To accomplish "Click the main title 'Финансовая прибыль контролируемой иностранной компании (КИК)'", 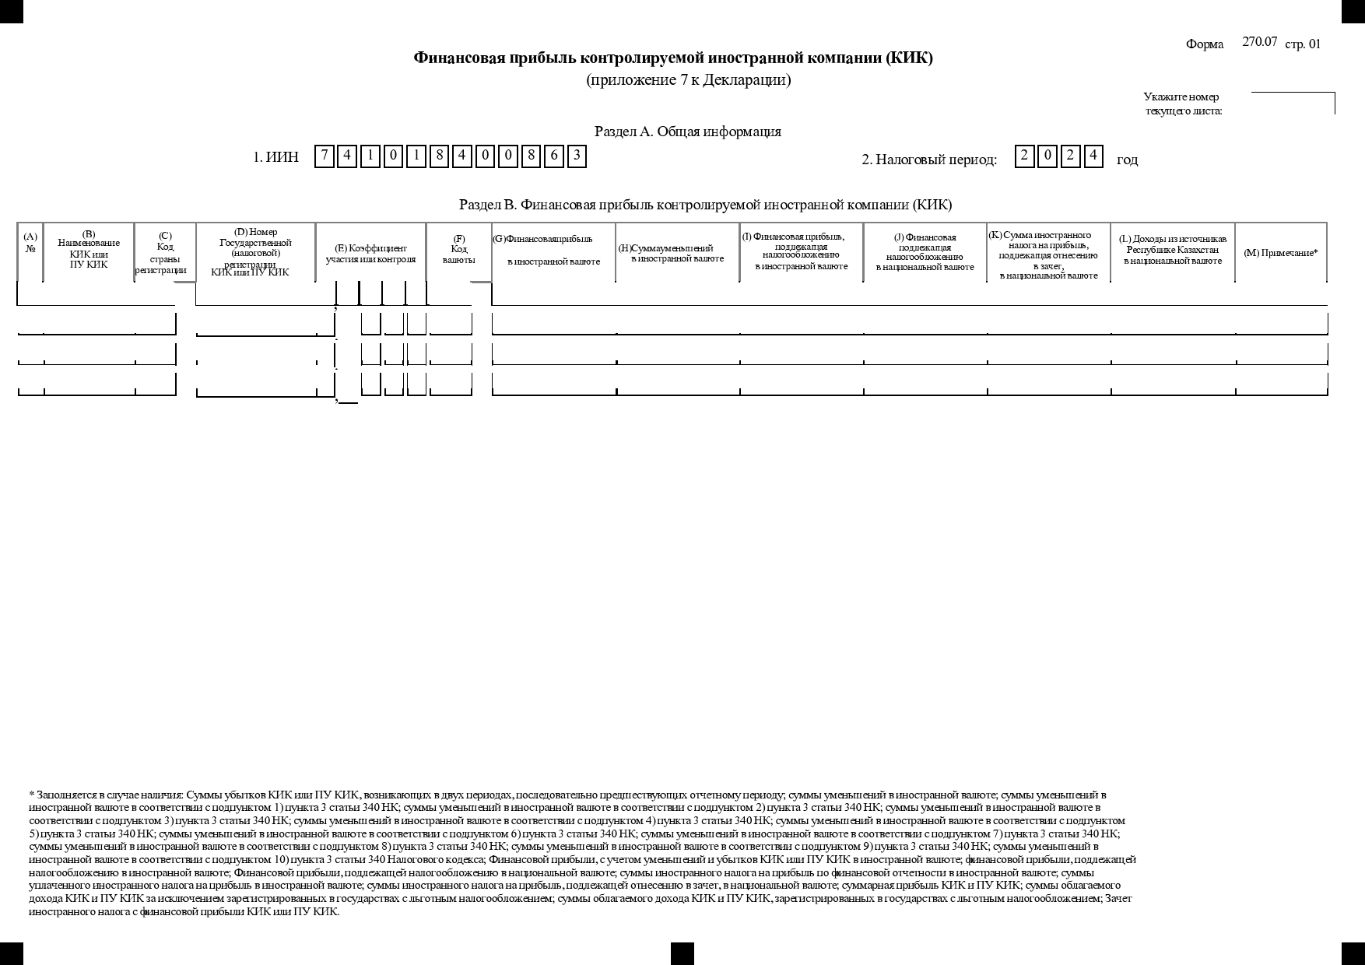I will (x=673, y=58).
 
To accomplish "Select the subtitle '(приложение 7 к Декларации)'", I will (x=688, y=80).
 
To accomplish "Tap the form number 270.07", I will (x=1259, y=42).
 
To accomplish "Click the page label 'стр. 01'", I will (x=1303, y=44).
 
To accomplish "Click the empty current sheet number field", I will (x=1292, y=104).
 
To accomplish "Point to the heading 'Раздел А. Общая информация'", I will (x=688, y=132).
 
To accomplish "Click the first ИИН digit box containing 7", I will (x=325, y=156).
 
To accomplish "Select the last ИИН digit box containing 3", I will (x=577, y=156).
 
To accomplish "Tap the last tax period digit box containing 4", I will (x=1093, y=156).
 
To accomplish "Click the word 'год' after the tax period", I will (x=1127, y=160).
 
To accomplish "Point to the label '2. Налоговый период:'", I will (x=929, y=160).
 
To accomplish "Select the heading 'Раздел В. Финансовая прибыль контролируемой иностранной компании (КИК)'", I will (x=705, y=205).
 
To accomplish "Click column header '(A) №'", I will (x=30, y=243).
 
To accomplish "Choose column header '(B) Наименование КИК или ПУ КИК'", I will (x=89, y=249).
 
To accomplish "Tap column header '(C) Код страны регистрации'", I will (x=165, y=253).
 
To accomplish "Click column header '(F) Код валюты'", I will (x=459, y=250).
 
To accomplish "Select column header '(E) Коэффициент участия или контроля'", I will (x=370, y=254).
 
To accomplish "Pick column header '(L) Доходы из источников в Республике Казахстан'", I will (x=1172, y=250).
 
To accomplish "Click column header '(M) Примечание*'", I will (x=1280, y=253).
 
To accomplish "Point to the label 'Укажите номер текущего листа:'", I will (x=1182, y=104).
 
